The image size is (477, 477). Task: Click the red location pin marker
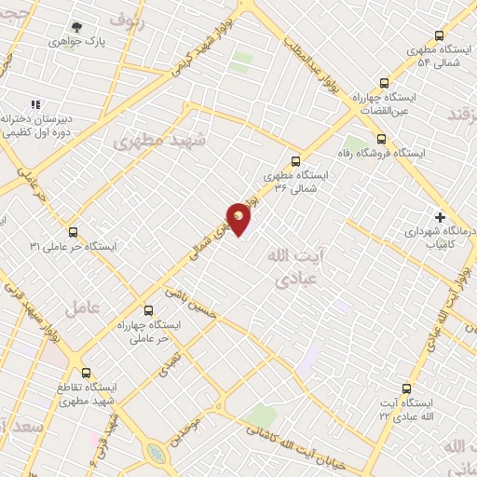(239, 219)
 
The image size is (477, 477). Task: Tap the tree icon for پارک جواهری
(77, 28)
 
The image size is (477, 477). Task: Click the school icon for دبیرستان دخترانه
(35, 105)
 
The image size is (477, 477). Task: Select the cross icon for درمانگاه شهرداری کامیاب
(441, 217)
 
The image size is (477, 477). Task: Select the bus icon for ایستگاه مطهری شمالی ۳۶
(296, 160)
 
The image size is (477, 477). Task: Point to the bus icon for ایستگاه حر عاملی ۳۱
(73, 233)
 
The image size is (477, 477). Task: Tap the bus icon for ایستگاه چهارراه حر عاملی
(147, 310)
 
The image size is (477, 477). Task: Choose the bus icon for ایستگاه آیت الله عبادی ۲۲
(405, 388)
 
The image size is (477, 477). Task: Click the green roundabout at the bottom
(157, 453)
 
